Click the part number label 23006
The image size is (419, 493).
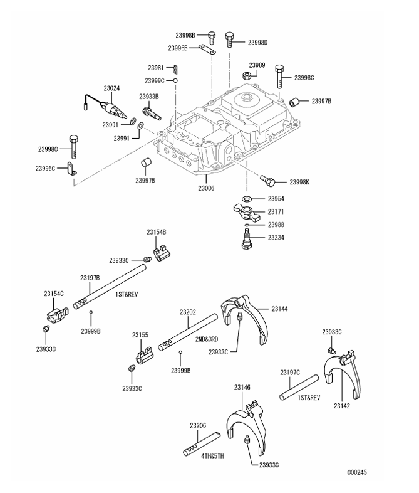pos(207,188)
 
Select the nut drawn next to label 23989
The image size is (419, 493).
pos(247,76)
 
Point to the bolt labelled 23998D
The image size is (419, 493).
pos(230,38)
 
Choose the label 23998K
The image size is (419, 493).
pos(299,182)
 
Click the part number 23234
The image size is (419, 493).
pos(278,237)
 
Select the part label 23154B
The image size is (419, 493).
pos(157,232)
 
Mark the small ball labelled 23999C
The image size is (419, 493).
pos(177,80)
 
